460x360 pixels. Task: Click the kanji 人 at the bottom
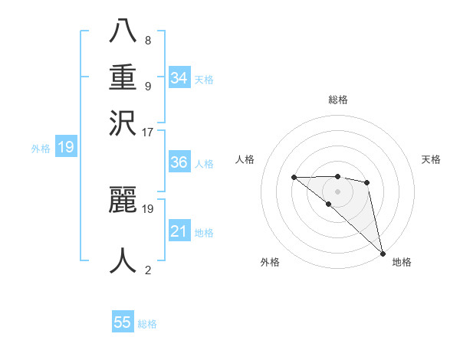tap(123, 260)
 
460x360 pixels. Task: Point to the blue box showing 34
tap(179, 78)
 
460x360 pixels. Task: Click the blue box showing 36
tap(179, 162)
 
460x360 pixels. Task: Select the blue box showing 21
tap(179, 231)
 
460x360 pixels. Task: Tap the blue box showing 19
tap(65, 148)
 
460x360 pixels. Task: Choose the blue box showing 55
tap(123, 322)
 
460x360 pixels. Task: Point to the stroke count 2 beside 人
tap(147, 270)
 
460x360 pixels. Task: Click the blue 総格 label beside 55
tap(147, 324)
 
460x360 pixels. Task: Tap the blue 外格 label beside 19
tap(40, 149)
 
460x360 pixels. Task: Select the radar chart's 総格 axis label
tap(337, 100)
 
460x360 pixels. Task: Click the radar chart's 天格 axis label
tap(431, 159)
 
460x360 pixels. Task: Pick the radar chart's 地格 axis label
tap(402, 262)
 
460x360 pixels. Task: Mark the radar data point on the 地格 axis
tap(383, 253)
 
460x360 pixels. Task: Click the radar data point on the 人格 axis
tap(294, 177)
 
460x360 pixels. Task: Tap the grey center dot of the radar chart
tap(337, 191)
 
